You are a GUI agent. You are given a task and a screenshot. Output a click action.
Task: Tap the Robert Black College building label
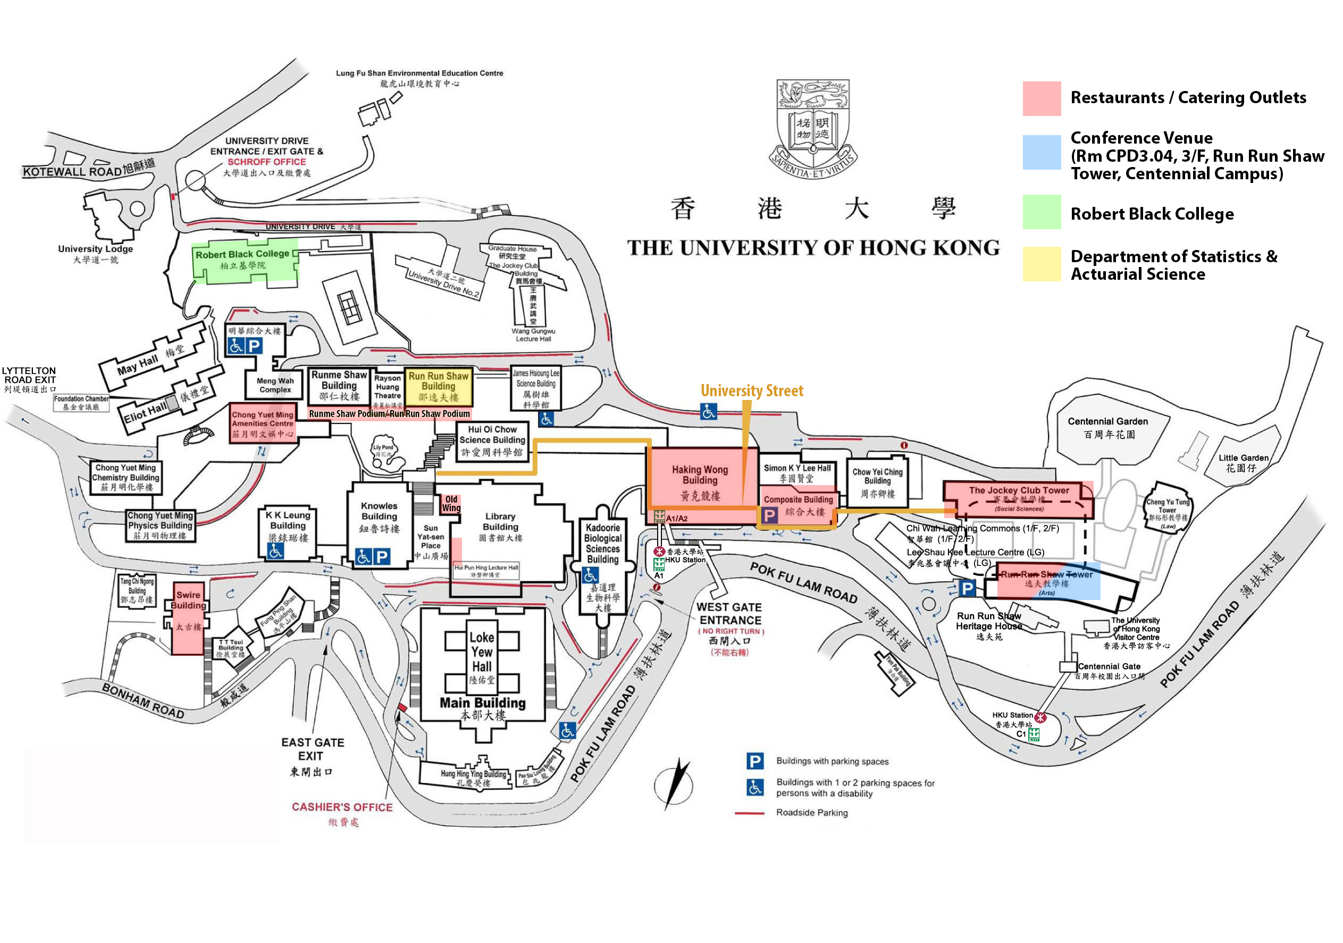coord(242,254)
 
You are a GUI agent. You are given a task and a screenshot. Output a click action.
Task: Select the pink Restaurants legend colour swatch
coord(1041,98)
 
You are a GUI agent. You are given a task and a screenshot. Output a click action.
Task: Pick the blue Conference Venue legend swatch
coord(1041,152)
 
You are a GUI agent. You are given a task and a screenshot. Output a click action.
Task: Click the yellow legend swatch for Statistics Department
coord(1041,264)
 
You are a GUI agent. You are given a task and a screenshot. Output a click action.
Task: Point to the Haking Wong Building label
coord(700,475)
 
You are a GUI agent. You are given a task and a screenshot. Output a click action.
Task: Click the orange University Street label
coord(752,391)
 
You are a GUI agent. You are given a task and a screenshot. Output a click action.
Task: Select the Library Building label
coord(500,522)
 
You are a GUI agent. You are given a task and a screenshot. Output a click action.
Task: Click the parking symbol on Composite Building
coord(769,515)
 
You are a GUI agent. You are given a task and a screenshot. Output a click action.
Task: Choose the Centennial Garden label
coord(1107,422)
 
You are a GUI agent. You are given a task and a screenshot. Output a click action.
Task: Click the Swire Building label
coord(188,600)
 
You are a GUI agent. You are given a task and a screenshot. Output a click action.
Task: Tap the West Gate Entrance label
coord(730,614)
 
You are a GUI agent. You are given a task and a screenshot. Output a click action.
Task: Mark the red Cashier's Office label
coord(342,807)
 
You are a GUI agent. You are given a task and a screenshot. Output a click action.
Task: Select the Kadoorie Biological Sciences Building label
coord(602,544)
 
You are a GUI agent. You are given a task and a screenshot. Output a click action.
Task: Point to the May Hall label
coord(138,365)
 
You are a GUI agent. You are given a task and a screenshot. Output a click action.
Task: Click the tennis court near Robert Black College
coord(349,307)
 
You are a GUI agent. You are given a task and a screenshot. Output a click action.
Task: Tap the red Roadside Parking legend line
coord(750,813)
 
